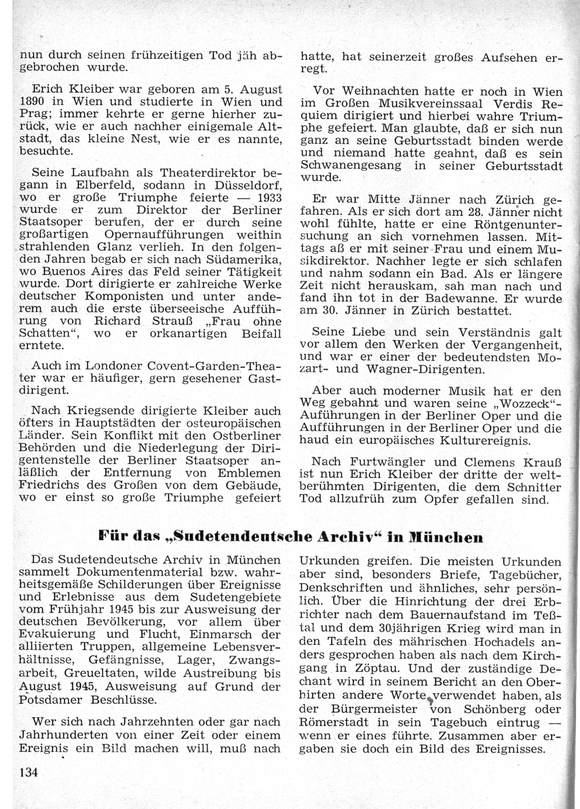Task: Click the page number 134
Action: pos(29,772)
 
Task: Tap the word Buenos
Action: pos(74,272)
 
